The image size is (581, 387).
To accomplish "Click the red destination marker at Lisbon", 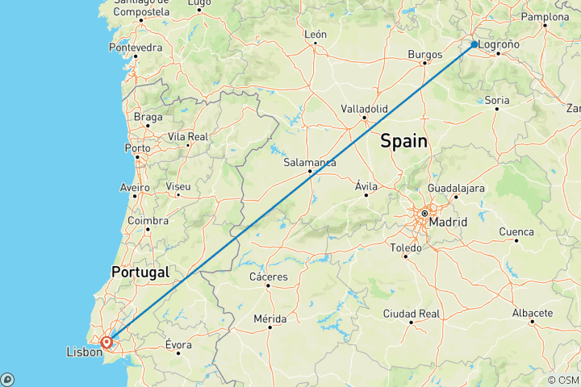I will (107, 341).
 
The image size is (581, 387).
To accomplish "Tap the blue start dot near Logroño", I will (474, 44).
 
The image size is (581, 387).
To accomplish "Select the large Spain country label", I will (403, 141).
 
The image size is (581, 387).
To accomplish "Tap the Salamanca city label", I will (310, 162).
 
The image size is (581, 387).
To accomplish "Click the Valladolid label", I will (365, 108).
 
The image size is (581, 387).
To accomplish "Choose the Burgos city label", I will (425, 54).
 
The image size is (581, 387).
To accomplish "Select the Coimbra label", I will (148, 220).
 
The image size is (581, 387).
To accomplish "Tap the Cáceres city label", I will (270, 277).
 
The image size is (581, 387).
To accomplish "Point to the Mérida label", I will (270, 318).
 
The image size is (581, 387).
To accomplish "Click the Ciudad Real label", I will (412, 313).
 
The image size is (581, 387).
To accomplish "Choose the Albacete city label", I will (533, 313).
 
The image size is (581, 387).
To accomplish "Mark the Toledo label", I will (405, 248).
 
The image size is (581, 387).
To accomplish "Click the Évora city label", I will (178, 344).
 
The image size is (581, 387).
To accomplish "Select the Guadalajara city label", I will (456, 187).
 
